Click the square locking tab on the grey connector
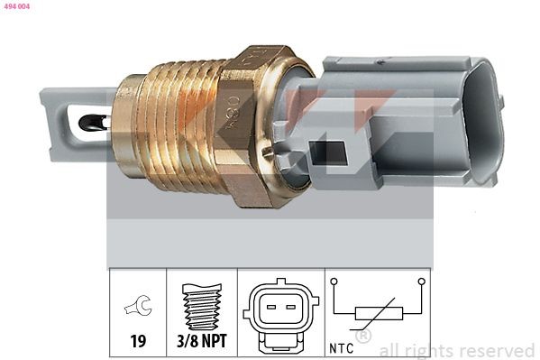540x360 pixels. [327, 153]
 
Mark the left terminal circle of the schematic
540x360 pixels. [334, 282]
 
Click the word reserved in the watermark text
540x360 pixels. [497, 350]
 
